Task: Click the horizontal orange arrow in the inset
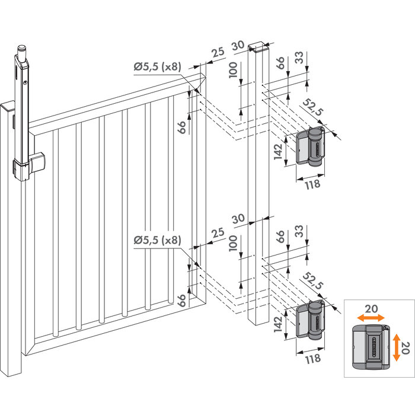370,318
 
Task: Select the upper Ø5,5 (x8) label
158,67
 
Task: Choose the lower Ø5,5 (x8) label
158,240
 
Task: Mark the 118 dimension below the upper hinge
312,184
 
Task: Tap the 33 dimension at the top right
298,58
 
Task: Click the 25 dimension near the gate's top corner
218,52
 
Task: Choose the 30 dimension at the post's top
238,44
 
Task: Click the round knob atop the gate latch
23,46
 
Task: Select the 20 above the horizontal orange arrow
370,309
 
